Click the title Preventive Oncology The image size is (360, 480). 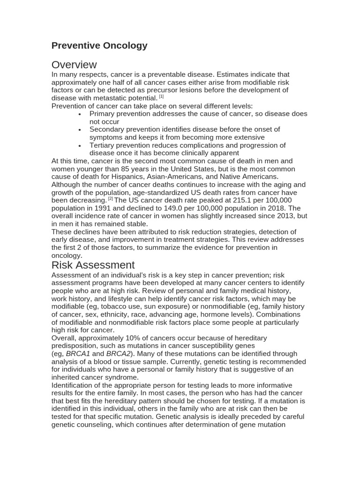pyautogui.click(x=99, y=45)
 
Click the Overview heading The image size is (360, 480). pyautogui.click(x=74, y=65)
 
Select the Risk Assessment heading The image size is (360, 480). pyautogui.click(x=93, y=265)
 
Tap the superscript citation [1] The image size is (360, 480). pyautogui.click(x=161, y=97)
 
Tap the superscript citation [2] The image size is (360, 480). pyautogui.click(x=111, y=198)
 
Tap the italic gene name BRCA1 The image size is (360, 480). pyautogui.click(x=78, y=354)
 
